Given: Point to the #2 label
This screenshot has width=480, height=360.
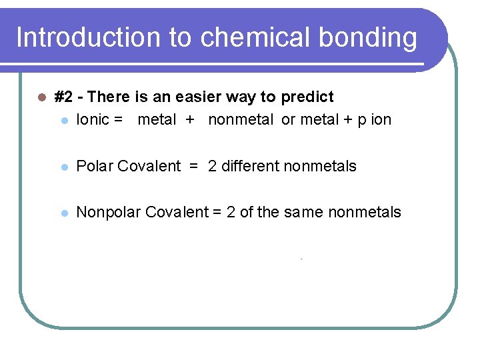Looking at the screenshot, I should click(x=63, y=97).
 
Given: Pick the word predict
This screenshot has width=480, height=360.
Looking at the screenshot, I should click(x=307, y=97).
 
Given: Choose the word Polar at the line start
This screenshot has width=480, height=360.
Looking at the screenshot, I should click(x=95, y=166).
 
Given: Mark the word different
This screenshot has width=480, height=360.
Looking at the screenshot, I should click(x=250, y=166).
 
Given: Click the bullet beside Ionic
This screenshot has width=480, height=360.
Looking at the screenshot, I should click(x=63, y=121).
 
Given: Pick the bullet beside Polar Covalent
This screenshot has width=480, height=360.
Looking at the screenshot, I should click(x=63, y=167).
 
